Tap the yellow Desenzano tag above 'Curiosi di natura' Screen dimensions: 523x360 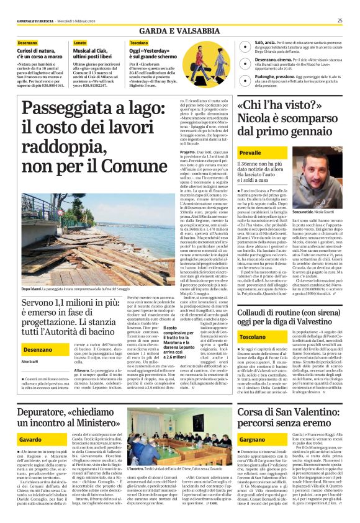28,43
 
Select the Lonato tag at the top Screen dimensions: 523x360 81,43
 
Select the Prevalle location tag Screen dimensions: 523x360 250,152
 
